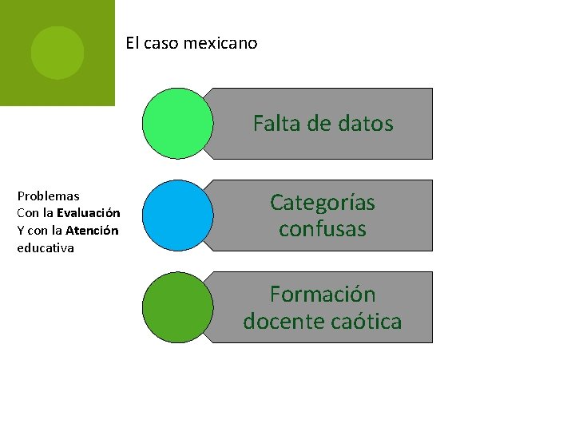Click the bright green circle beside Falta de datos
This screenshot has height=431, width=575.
pos(177,124)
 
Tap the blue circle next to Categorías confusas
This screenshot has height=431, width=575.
pos(177,215)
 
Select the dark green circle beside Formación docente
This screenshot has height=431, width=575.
pos(177,307)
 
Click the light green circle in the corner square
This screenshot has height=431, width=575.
pos(57,53)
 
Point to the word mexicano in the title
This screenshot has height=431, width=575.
pos(220,43)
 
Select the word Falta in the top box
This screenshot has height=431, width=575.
pos(274,124)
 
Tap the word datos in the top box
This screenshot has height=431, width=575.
pos(366,124)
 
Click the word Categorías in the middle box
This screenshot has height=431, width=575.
pos(323,203)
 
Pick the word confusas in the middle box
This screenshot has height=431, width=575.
pos(323,229)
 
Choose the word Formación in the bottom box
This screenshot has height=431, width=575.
pos(323,295)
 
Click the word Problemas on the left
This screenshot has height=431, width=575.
pos(48,196)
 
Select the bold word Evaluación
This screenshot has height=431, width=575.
pos(88,213)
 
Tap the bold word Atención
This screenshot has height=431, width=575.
pos(92,231)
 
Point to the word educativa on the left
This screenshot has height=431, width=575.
pos(46,248)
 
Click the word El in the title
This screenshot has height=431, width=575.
pos(133,43)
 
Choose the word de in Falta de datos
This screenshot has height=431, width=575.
pos(318,124)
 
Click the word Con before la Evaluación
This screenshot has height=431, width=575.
pos(28,213)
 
